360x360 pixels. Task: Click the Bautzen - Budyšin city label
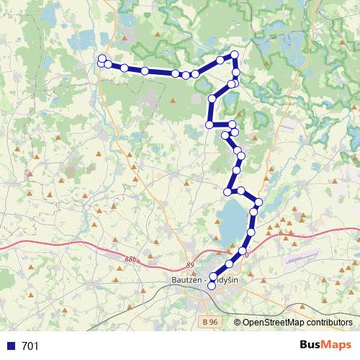click(207, 280)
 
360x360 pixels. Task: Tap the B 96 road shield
click(210, 322)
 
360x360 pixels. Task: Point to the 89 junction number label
click(189, 266)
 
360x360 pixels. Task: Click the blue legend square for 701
click(12, 346)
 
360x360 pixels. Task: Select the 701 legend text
click(31, 346)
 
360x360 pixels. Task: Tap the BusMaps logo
click(323, 345)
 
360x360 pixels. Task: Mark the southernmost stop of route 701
click(212, 287)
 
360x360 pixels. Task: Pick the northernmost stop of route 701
click(233, 55)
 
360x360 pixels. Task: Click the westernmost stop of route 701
click(102, 60)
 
